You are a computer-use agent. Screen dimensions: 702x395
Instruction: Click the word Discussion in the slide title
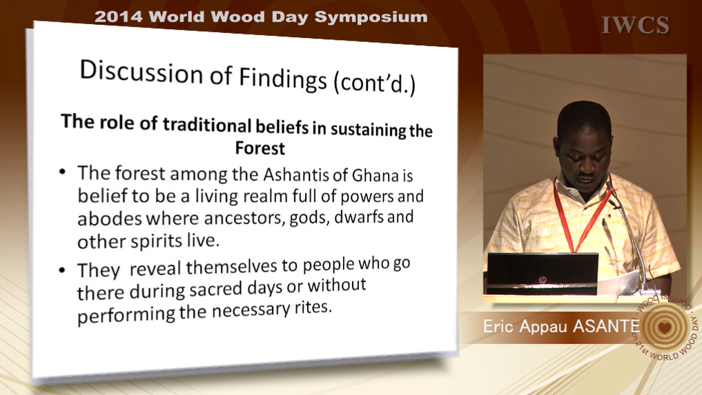[141, 72]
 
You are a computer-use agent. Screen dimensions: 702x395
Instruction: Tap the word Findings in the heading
[283, 79]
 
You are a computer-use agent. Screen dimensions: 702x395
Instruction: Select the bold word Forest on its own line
[260, 148]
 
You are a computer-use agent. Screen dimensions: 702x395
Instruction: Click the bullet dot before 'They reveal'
[62, 270]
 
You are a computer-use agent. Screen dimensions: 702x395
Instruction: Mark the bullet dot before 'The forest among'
[62, 172]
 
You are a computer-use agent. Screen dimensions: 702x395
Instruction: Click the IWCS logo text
[635, 25]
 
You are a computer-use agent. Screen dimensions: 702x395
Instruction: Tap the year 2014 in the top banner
[118, 17]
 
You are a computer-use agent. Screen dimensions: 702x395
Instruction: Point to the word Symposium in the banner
[371, 17]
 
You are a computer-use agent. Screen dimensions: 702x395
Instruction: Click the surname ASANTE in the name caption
[606, 325]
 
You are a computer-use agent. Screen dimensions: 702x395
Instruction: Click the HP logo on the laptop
[543, 280]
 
